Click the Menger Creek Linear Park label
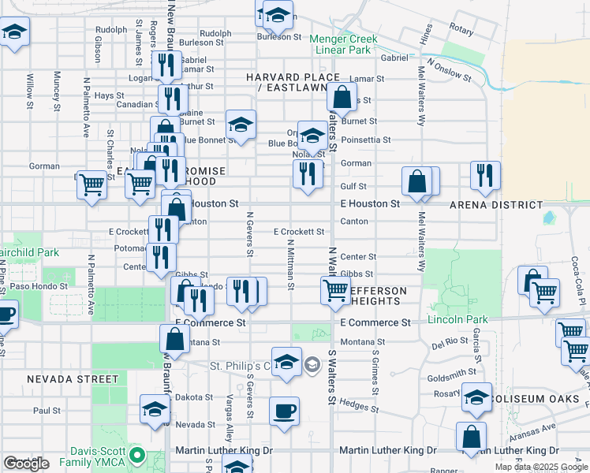[x=343, y=44]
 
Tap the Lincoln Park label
[x=457, y=319]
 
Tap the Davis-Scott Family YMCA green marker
[x=139, y=455]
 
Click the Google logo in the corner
[x=26, y=464]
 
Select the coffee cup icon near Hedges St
[x=285, y=411]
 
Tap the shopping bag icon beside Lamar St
[x=342, y=99]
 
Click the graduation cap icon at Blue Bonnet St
[x=241, y=124]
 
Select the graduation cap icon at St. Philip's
[x=286, y=361]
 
